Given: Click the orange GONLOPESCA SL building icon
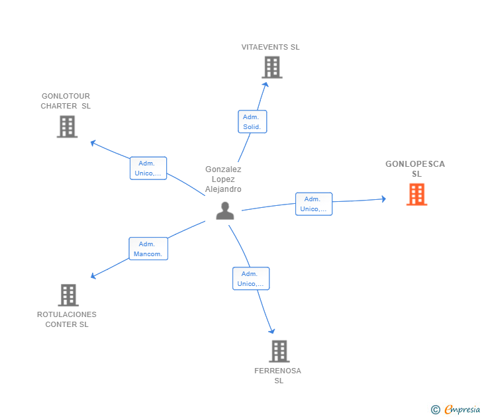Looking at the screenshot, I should coord(416,195).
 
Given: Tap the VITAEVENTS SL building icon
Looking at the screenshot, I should coord(271,68).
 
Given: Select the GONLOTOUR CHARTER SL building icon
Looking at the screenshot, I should coord(67,126).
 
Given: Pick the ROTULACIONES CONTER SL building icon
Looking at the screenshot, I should coord(68,295).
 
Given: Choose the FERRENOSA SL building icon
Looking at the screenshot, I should coord(279,351).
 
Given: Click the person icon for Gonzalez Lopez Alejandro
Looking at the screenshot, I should coord(225,210).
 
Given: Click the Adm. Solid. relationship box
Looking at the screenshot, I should coord(252,122).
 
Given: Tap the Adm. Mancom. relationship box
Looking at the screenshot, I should coord(148,249).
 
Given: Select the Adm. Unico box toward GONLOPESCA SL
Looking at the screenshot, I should coord(313,204).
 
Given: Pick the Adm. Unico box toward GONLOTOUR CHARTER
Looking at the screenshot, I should coord(148,168).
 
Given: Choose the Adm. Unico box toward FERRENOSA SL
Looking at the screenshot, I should coord(250,279).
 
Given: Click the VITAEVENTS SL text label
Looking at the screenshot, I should coord(270,48).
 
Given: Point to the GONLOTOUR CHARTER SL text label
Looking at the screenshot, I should coord(66,101).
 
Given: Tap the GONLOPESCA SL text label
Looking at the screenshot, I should coord(415,169).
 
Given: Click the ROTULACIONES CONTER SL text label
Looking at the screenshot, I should coord(67,319).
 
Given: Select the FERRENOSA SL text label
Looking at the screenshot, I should coord(278,375).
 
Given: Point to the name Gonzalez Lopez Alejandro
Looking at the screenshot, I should coord(223,179).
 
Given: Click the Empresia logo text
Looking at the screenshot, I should coord(462,409).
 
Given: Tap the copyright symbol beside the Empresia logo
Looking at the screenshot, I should coord(436,410).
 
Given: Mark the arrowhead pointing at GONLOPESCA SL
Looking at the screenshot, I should coord(383,199).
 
